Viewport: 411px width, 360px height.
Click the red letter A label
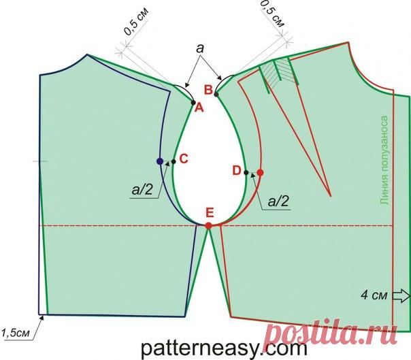[x=199, y=108]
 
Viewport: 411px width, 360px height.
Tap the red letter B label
[x=208, y=90]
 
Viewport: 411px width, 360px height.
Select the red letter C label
[x=184, y=159]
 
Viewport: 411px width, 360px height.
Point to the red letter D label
[x=237, y=171]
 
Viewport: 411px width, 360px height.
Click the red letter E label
[x=210, y=212]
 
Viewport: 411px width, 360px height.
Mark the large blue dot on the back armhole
[x=160, y=161]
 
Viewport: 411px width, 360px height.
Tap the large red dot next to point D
[x=260, y=173]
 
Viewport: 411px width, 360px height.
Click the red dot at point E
[x=209, y=225]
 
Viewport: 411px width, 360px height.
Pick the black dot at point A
[x=193, y=103]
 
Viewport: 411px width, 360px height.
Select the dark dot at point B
[x=216, y=94]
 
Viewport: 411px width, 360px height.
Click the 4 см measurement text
[x=374, y=295]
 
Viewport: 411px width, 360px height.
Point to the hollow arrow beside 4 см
[x=401, y=296]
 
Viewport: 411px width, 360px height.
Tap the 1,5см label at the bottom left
[x=15, y=333]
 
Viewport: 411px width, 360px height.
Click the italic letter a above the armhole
[x=200, y=48]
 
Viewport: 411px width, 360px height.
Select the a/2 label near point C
[x=142, y=189]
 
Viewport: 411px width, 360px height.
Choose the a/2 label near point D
[x=278, y=201]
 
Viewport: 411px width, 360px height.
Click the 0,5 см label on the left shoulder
[x=136, y=21]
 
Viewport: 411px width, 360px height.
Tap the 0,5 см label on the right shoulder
[x=272, y=14]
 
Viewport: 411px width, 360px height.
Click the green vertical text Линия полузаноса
[x=384, y=160]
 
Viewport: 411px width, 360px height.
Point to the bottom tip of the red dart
[x=331, y=196]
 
